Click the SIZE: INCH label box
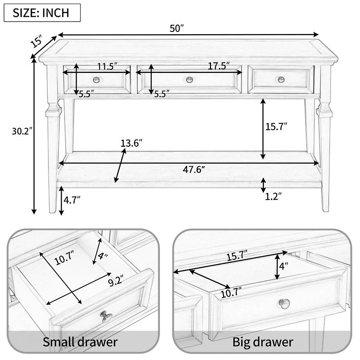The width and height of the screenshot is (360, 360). coord(42,13)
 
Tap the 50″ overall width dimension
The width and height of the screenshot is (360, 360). coord(177,28)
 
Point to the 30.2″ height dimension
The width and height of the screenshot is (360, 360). coord(22,131)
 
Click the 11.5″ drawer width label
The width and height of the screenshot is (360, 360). coord(108,66)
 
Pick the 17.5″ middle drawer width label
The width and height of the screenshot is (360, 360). coord(219,66)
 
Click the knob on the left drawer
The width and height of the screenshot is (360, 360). coord(96,80)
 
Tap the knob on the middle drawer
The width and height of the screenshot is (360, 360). coord(189,80)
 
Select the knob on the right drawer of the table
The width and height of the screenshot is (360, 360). coord(281,80)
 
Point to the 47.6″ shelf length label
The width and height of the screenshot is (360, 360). coord(194,170)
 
